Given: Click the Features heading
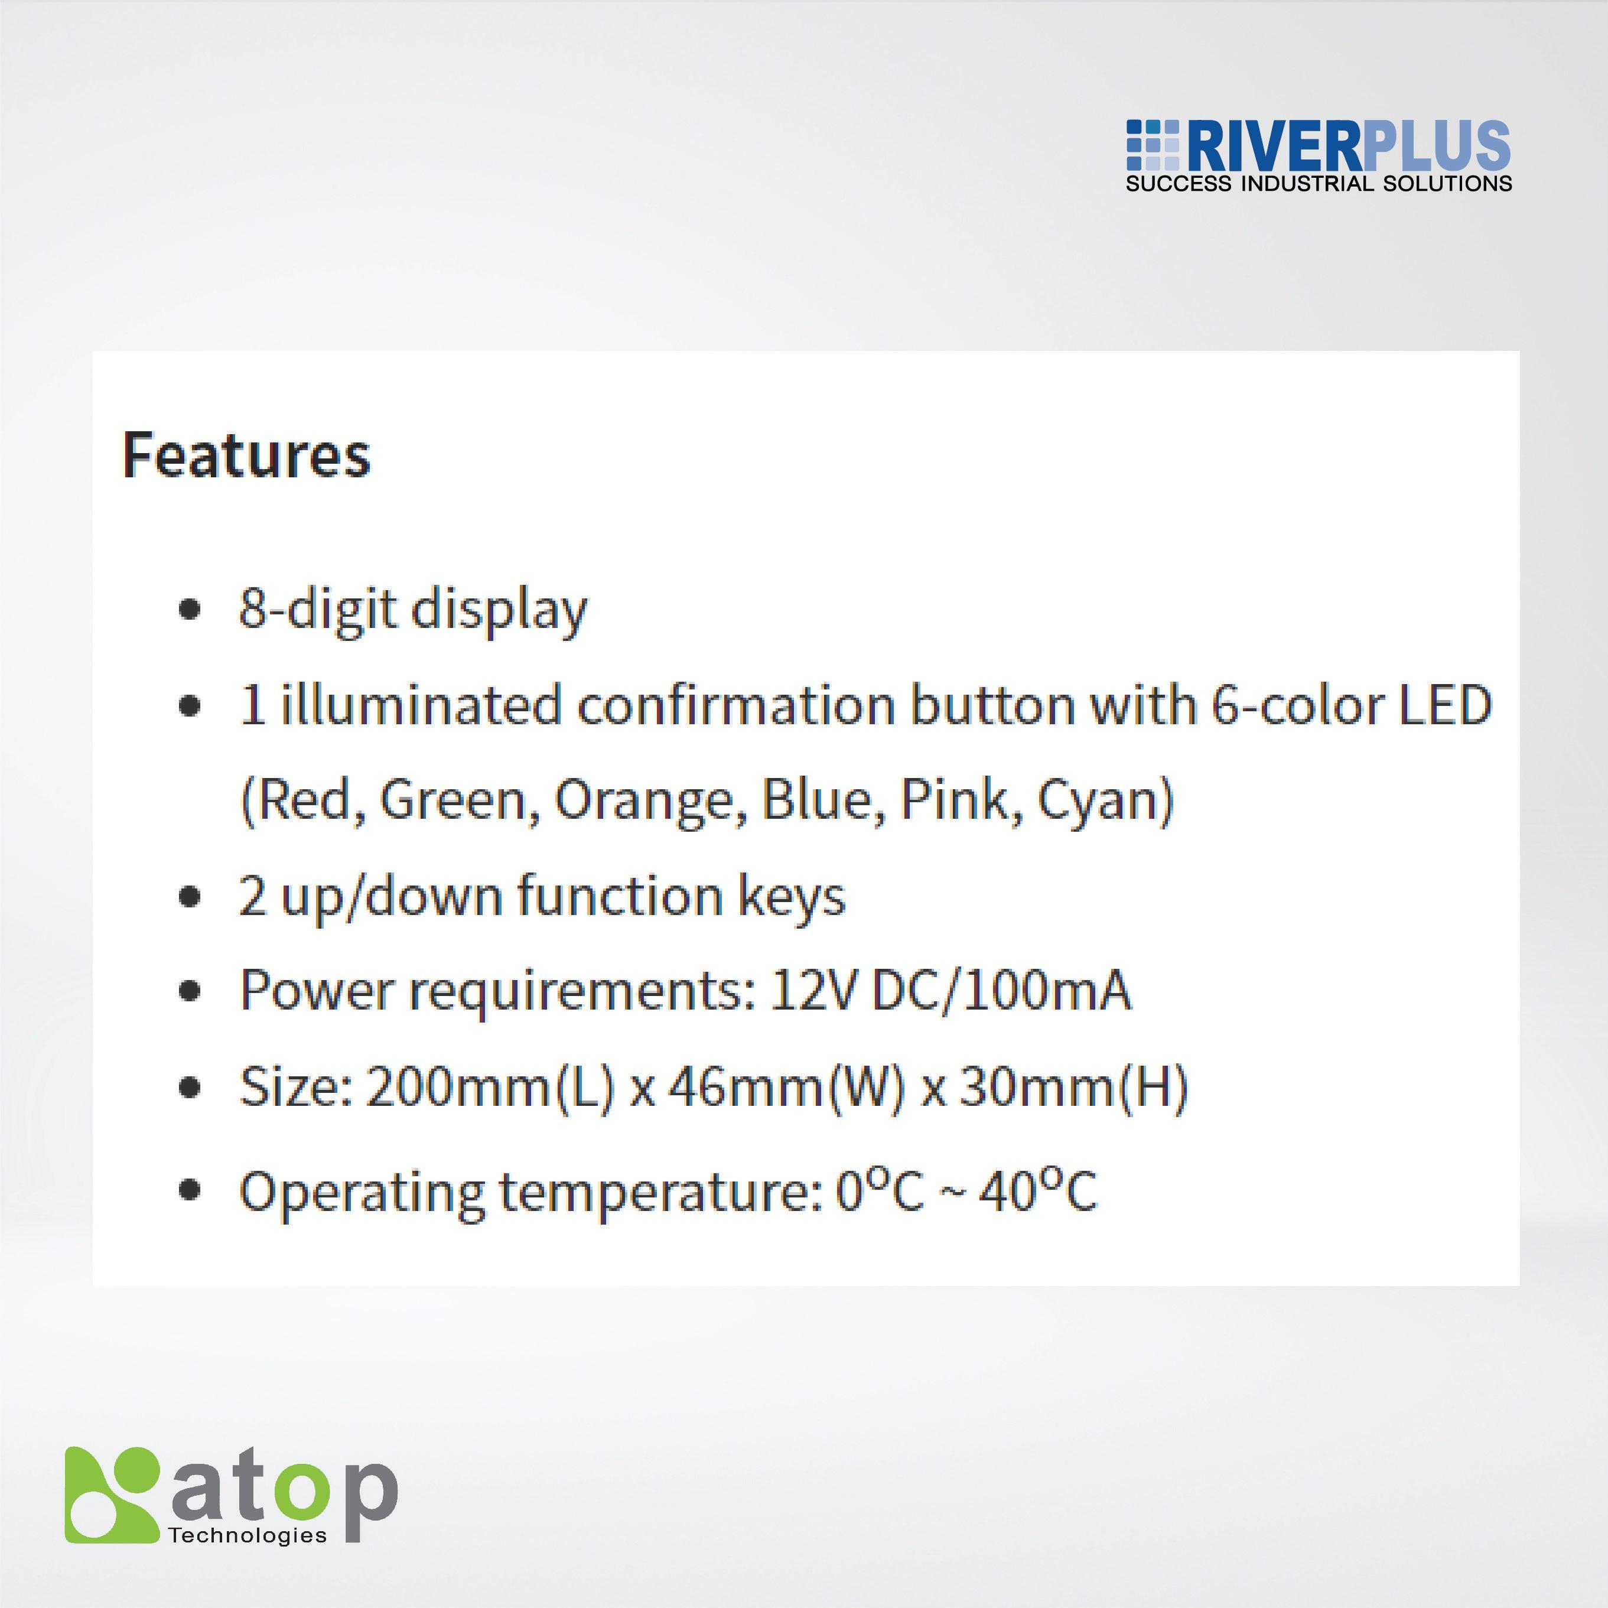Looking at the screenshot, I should click(x=246, y=455).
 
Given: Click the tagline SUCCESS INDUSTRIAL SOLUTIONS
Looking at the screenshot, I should click(x=1319, y=184).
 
